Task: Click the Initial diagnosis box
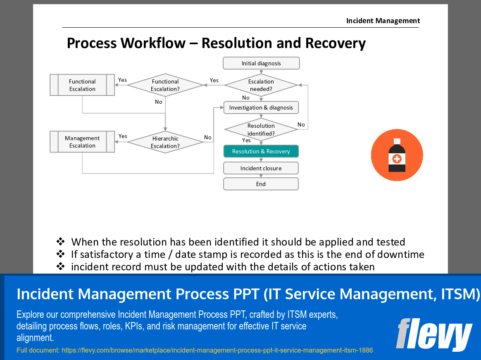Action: click(x=261, y=63)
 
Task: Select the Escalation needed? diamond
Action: click(x=261, y=85)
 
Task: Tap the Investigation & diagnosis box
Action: click(x=261, y=107)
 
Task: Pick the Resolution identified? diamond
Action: click(x=261, y=129)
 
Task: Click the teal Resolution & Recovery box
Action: click(x=261, y=151)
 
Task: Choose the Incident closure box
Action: click(x=261, y=168)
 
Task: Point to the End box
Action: click(x=261, y=184)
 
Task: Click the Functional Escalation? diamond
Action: click(x=165, y=85)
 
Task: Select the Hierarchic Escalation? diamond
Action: click(x=165, y=142)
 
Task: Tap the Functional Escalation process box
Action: click(x=82, y=85)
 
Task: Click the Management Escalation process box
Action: click(x=82, y=142)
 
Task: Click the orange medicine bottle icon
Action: click(x=397, y=155)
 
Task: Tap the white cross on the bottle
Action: click(x=397, y=158)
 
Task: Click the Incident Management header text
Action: click(x=383, y=21)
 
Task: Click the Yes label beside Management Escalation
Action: click(x=123, y=136)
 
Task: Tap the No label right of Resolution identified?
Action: click(x=301, y=124)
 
